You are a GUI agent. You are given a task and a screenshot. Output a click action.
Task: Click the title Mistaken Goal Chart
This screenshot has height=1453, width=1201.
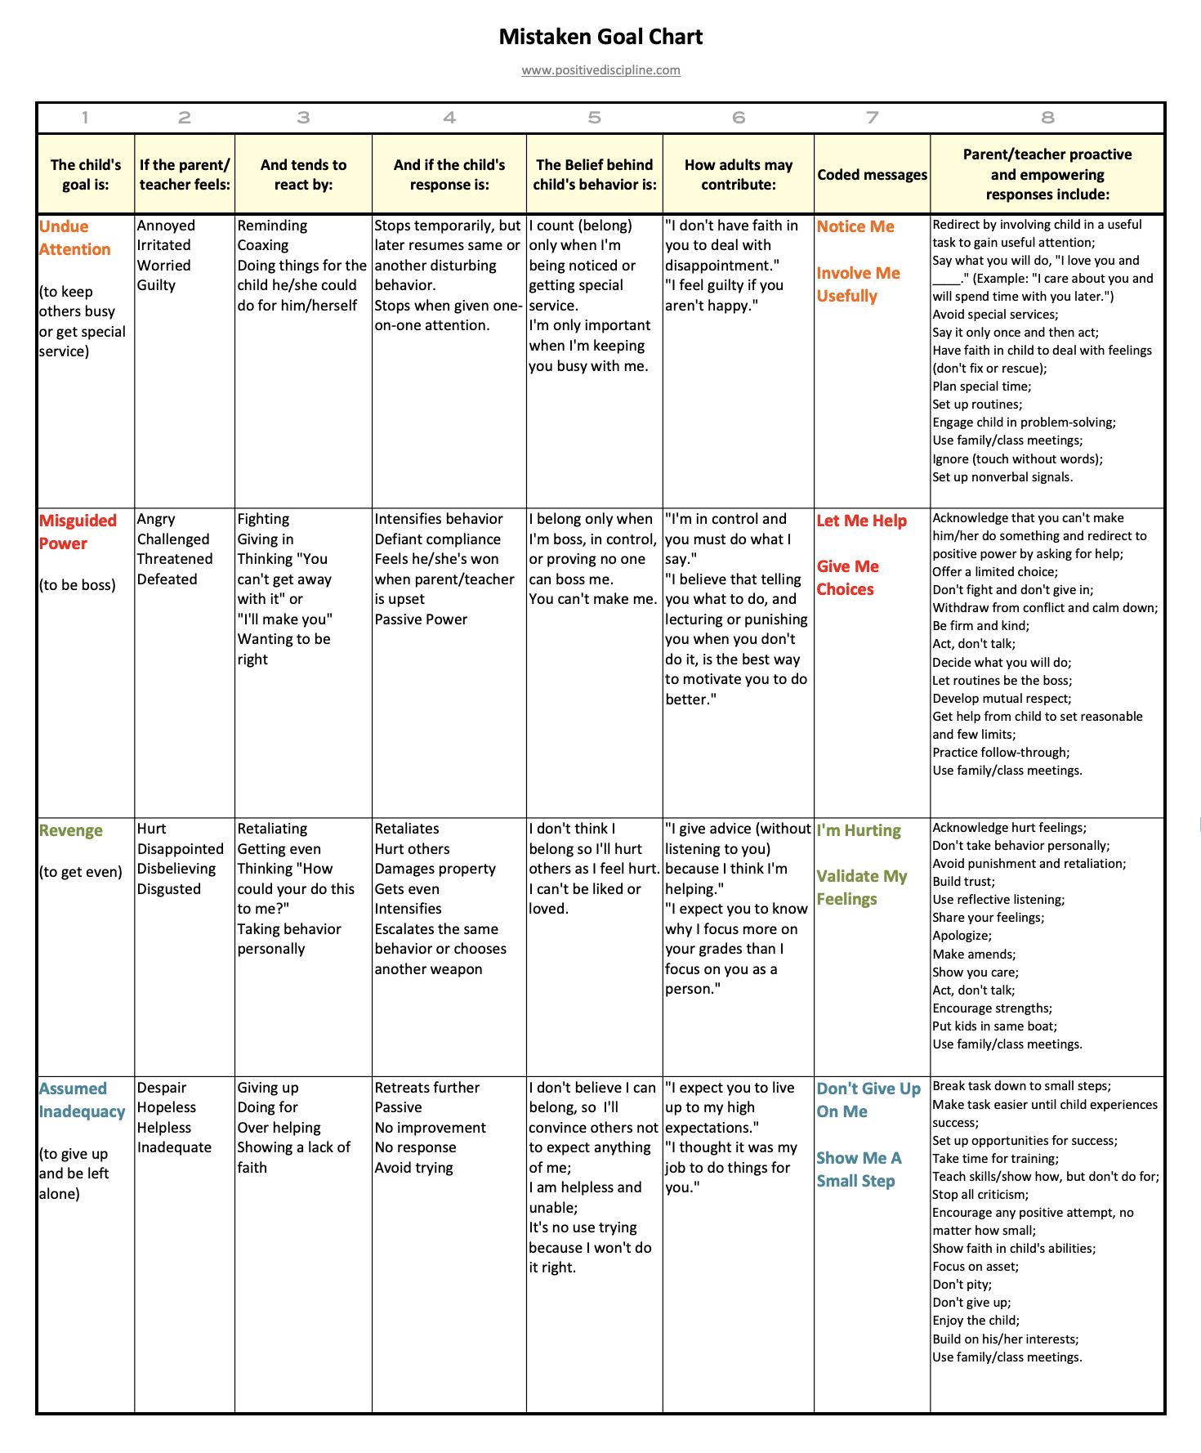pyautogui.click(x=600, y=37)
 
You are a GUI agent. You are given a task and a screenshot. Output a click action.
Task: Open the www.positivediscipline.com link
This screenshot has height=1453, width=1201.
pyautogui.click(x=600, y=70)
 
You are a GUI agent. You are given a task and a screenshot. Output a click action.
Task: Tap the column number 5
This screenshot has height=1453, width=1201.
pyautogui.click(x=594, y=118)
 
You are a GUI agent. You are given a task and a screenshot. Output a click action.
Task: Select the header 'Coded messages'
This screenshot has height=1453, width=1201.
pyautogui.click(x=872, y=175)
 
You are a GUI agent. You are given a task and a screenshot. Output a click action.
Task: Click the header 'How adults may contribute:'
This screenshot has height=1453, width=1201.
pyautogui.click(x=738, y=175)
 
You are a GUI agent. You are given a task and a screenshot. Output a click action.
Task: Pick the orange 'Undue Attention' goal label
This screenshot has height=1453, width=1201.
pyautogui.click(x=74, y=238)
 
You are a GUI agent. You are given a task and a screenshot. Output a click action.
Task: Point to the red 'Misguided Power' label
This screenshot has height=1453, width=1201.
pyautogui.click(x=78, y=532)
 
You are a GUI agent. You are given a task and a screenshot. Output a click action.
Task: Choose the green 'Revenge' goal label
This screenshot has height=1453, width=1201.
pyautogui.click(x=71, y=830)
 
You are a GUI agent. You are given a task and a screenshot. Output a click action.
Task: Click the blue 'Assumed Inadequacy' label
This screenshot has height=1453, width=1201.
pyautogui.click(x=82, y=1100)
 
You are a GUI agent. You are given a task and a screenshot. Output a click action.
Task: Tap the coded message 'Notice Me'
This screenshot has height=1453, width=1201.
pyautogui.click(x=855, y=226)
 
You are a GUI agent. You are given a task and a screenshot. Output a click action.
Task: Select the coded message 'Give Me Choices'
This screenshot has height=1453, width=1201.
pyautogui.click(x=847, y=578)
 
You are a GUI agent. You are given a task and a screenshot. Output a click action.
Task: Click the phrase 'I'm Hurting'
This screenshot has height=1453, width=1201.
pyautogui.click(x=859, y=830)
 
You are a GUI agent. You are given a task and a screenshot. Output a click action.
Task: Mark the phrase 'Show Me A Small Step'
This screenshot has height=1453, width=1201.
pyautogui.click(x=859, y=1169)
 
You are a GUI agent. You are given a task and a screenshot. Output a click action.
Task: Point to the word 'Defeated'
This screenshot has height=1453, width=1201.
pyautogui.click(x=167, y=579)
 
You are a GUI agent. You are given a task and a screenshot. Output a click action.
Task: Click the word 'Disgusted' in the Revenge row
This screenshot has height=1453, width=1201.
pyautogui.click(x=169, y=889)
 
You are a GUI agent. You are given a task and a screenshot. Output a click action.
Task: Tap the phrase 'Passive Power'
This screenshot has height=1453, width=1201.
pyautogui.click(x=421, y=619)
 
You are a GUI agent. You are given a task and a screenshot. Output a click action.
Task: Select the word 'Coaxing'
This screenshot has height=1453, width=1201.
pyautogui.click(x=263, y=245)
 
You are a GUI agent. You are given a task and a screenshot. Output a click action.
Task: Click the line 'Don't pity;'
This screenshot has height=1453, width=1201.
pyautogui.click(x=962, y=1285)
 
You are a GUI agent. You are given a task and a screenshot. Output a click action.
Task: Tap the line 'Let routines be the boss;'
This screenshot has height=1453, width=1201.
pyautogui.click(x=1002, y=681)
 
